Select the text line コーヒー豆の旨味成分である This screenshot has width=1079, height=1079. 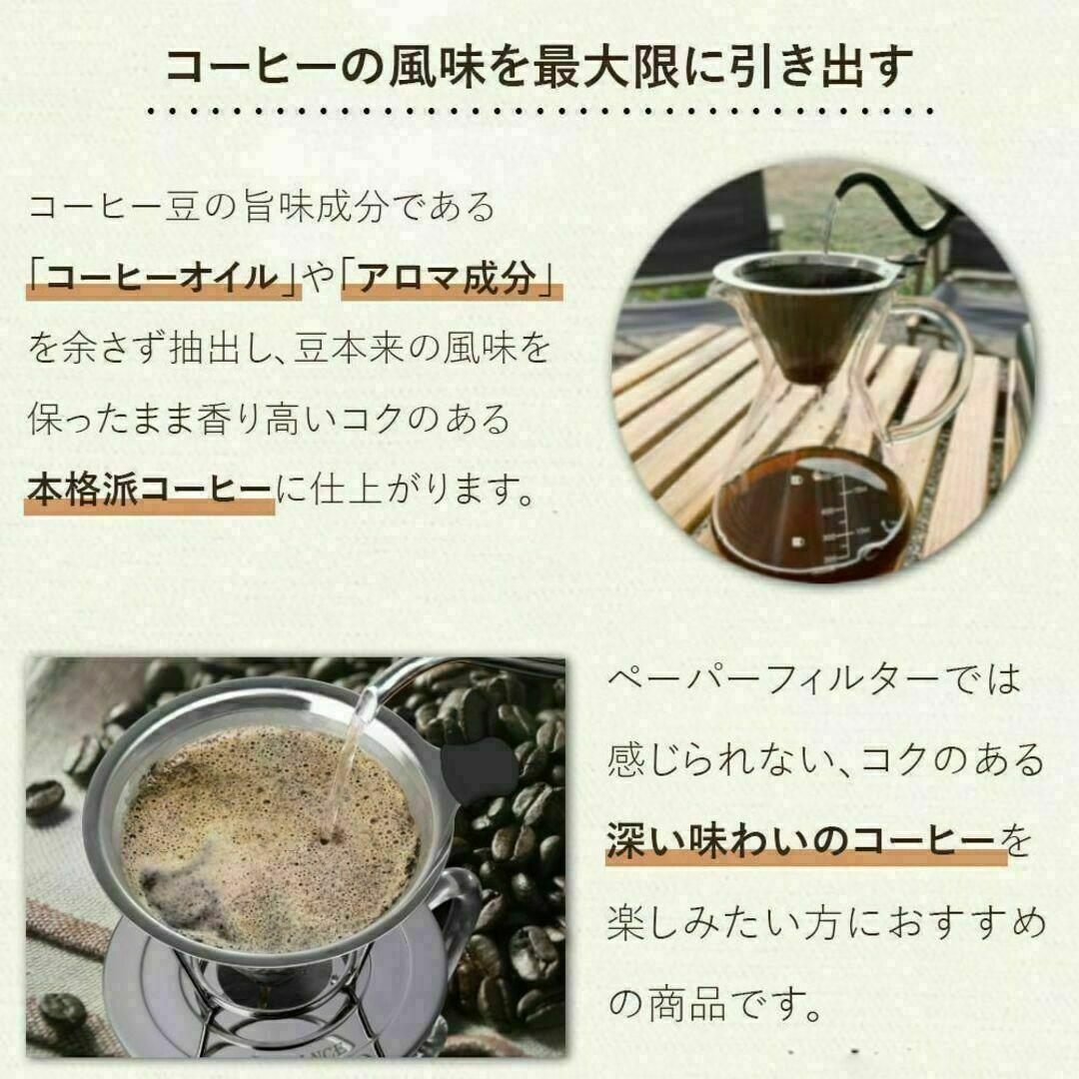tap(262, 209)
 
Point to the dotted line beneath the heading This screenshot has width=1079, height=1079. tap(539, 113)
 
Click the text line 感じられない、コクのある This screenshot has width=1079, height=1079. tap(824, 761)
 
